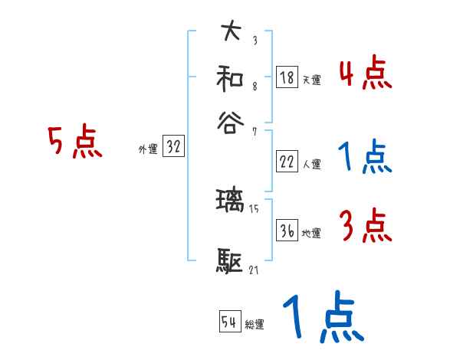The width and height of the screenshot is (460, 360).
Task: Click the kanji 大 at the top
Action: [x=231, y=32]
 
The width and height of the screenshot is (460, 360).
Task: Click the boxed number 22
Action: [x=287, y=162]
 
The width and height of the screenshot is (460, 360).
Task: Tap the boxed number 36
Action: [x=287, y=231]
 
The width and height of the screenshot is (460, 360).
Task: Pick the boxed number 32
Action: [x=173, y=147]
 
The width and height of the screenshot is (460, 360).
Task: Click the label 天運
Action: [x=311, y=79]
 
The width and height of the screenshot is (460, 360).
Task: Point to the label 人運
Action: [x=311, y=164]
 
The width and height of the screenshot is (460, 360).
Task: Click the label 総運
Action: [x=254, y=325]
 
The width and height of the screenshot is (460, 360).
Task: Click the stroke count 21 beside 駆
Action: [x=255, y=270]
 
